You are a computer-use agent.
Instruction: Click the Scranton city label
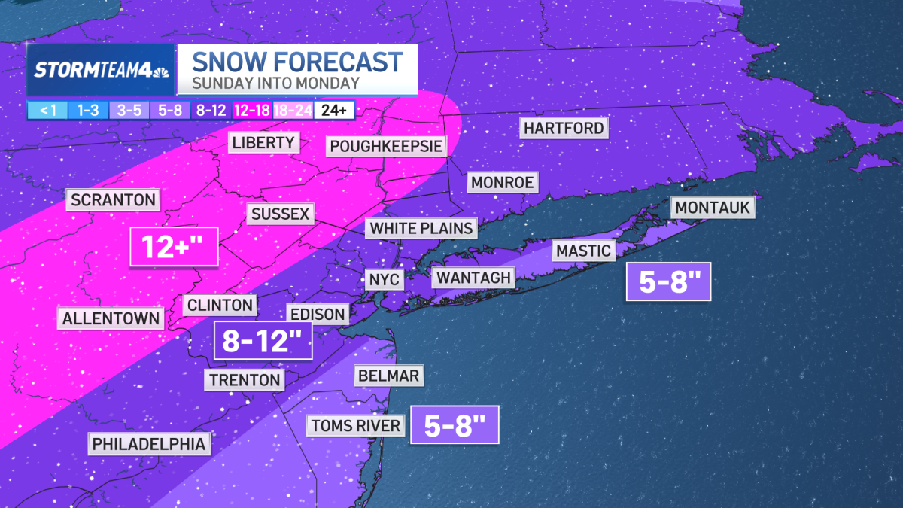pos(114,200)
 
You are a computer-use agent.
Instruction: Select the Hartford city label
pos(564,128)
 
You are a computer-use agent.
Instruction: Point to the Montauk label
pos(713,207)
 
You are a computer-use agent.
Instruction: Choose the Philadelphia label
pos(149,444)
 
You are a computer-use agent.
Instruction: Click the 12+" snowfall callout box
pos(174,246)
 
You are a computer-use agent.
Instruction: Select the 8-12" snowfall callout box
pos(263,341)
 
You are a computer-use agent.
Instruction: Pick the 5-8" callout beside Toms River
pos(454,426)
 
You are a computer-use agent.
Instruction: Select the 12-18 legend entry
pos(254,111)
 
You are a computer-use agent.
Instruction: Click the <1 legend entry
pos(47,111)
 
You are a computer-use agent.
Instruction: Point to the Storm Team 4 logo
pos(101,71)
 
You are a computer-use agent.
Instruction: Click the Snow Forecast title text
pos(297,61)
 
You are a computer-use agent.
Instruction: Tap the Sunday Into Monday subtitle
pos(275,84)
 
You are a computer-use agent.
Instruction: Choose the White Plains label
pos(421,228)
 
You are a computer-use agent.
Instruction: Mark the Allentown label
pos(111,318)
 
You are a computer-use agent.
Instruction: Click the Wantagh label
pos(474,278)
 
